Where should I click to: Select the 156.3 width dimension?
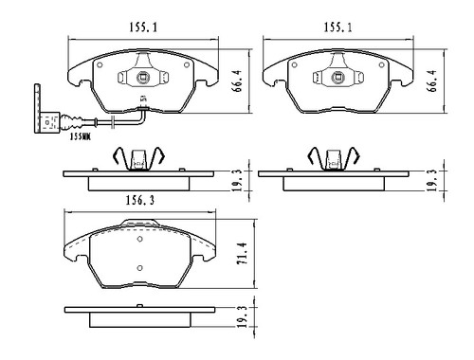coord(143,202)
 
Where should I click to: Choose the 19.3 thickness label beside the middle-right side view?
coord(432,176)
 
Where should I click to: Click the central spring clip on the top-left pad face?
coord(142,81)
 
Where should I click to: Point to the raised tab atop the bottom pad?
coord(141,225)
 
